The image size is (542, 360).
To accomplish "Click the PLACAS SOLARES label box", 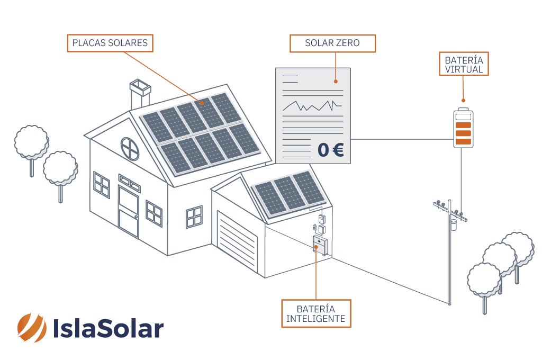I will [x=110, y=43].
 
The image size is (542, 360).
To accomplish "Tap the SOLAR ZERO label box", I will [x=332, y=43].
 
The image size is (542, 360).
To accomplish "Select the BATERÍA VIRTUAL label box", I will [x=464, y=64].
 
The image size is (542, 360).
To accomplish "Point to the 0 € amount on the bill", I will [x=330, y=150].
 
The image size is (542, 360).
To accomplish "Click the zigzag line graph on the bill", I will [x=312, y=106].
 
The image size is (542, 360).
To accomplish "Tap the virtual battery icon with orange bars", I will [x=463, y=128].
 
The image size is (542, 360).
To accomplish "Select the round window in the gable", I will [x=130, y=149].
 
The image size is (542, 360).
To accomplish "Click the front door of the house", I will [x=128, y=212].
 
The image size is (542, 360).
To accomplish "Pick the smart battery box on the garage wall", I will [x=320, y=246].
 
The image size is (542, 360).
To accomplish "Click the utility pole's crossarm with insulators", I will [x=450, y=210].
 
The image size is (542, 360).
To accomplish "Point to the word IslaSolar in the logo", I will [x=108, y=328].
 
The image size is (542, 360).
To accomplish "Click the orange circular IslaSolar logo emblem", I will [x=32, y=328].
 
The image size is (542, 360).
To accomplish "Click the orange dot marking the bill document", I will [x=336, y=82].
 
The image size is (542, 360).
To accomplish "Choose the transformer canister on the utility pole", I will [x=453, y=224].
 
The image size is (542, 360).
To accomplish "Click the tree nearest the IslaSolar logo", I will [x=60, y=172].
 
